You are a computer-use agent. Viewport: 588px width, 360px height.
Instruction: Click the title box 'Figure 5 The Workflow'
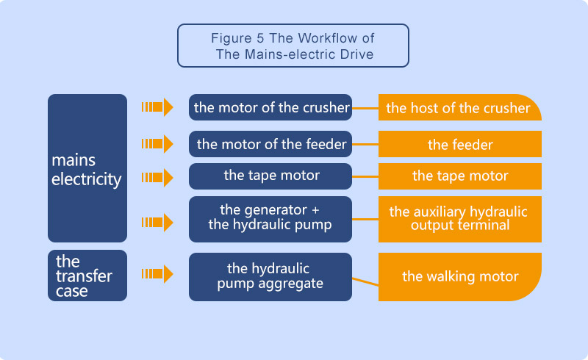click(x=293, y=46)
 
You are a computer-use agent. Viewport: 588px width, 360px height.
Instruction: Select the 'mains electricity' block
click(x=87, y=168)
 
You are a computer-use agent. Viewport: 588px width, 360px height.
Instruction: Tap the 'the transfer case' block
click(x=87, y=276)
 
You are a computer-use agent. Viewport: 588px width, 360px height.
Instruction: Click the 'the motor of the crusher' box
click(x=270, y=107)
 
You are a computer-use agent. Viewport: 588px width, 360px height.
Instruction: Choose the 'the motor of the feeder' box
click(x=270, y=144)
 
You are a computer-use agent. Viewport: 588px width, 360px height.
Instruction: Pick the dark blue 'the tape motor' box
click(x=270, y=176)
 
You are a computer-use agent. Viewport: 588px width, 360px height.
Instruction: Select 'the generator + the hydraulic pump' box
click(x=270, y=218)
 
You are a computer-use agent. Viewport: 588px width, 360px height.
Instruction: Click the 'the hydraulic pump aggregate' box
click(x=270, y=276)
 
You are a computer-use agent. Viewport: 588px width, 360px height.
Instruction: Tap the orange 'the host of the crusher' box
click(x=459, y=108)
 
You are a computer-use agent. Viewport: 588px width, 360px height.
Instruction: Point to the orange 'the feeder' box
click(x=460, y=145)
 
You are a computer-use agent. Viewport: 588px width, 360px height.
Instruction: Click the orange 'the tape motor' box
click(x=460, y=176)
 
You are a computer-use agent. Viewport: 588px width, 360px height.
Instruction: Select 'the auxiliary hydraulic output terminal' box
click(x=460, y=218)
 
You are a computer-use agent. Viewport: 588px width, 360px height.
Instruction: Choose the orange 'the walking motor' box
click(x=460, y=277)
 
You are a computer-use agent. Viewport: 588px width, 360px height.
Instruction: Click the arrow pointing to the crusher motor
click(x=157, y=107)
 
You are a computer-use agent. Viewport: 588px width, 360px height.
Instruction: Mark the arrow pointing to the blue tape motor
click(x=157, y=177)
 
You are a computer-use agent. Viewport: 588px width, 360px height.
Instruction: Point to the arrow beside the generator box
click(x=157, y=222)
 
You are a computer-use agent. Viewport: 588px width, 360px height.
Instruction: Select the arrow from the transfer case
click(x=157, y=274)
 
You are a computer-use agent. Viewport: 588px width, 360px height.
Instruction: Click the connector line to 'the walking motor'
click(x=365, y=281)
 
